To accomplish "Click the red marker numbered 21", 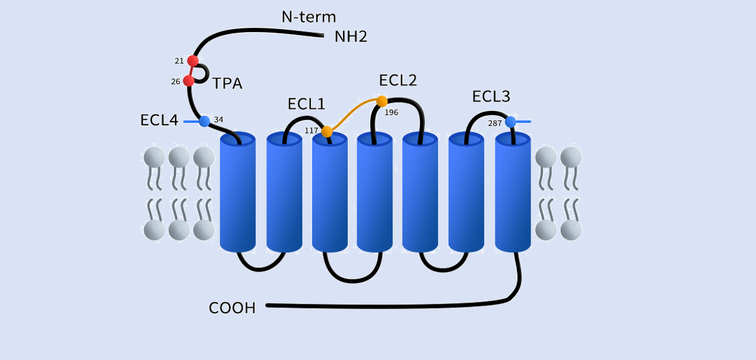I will pyautogui.click(x=193, y=60).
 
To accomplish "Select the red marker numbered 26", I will pyautogui.click(x=189, y=81).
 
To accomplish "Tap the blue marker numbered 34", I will pyautogui.click(x=205, y=121).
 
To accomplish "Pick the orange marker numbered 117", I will pyautogui.click(x=327, y=132).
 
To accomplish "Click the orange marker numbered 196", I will pyautogui.click(x=382, y=101).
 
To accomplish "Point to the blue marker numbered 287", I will pyautogui.click(x=510, y=122).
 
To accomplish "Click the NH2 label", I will pyautogui.click(x=351, y=37).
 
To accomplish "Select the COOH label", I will pyautogui.click(x=232, y=308).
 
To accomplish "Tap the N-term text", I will pyautogui.click(x=309, y=17).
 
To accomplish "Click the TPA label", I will pyautogui.click(x=227, y=84).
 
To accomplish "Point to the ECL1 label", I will pyautogui.click(x=306, y=104).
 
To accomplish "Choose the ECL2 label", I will pyautogui.click(x=398, y=81).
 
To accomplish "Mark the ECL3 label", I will pyautogui.click(x=491, y=97).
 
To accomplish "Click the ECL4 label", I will pyautogui.click(x=159, y=120).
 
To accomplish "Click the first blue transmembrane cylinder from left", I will pyautogui.click(x=237, y=193).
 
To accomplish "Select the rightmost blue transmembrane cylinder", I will pyautogui.click(x=513, y=193).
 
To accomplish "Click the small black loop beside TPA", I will pyautogui.click(x=204, y=73).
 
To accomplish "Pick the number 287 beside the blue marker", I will pyautogui.click(x=495, y=123).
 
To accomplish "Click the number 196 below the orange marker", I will pyautogui.click(x=392, y=112).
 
